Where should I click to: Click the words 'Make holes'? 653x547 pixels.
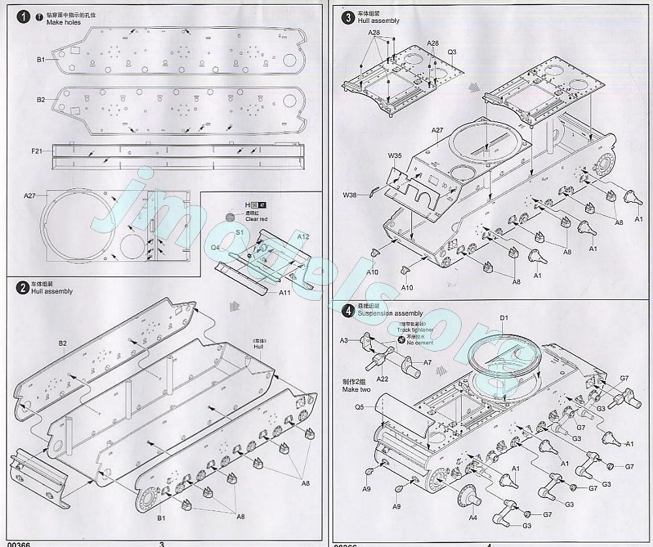[63, 22]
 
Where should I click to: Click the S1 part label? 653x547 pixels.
[240, 232]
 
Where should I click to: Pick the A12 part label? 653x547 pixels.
[303, 236]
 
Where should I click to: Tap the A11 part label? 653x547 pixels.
[285, 292]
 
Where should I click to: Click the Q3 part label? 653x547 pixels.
[452, 51]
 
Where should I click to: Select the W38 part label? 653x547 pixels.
[350, 195]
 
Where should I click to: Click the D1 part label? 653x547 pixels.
[503, 318]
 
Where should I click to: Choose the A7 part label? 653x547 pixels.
[428, 362]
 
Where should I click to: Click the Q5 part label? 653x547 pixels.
[360, 406]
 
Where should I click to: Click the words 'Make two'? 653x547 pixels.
[356, 390]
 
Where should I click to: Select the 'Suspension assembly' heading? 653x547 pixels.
[390, 314]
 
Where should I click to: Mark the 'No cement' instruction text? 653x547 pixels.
[420, 342]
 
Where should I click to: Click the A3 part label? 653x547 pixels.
[344, 340]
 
